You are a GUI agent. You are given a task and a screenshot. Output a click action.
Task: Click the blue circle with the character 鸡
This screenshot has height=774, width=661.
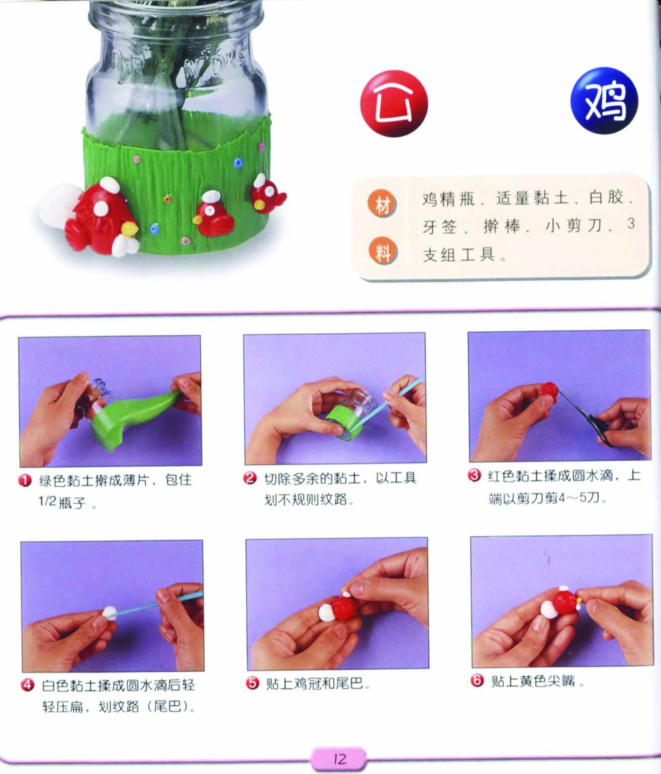pos(604,101)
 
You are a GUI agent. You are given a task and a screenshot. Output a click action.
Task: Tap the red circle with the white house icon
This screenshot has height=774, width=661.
pos(394,104)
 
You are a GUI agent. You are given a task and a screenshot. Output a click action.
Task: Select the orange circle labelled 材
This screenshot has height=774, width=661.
pos(382,205)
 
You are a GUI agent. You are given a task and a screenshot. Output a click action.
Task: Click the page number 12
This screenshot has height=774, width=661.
pos(340,759)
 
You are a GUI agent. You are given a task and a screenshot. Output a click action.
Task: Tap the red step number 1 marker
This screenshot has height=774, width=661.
pos(25,480)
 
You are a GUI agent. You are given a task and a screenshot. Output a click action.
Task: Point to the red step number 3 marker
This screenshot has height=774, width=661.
pos(474,476)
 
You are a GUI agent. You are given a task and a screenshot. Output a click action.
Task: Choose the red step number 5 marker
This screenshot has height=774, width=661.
pos(252,683)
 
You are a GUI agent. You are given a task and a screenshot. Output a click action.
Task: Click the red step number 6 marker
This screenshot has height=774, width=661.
pos(477,681)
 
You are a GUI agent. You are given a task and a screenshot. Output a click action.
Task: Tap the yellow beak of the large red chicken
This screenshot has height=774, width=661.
pos(129,229)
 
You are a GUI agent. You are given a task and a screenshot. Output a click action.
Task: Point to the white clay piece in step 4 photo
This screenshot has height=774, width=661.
pos(110,613)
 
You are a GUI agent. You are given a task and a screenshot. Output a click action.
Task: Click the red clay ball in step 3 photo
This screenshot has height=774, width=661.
pos(549,391)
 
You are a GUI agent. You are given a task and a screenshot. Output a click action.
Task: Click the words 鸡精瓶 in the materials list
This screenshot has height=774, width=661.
pos(448,199)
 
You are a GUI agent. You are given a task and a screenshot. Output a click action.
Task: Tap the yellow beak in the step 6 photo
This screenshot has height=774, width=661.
pos(579,601)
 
